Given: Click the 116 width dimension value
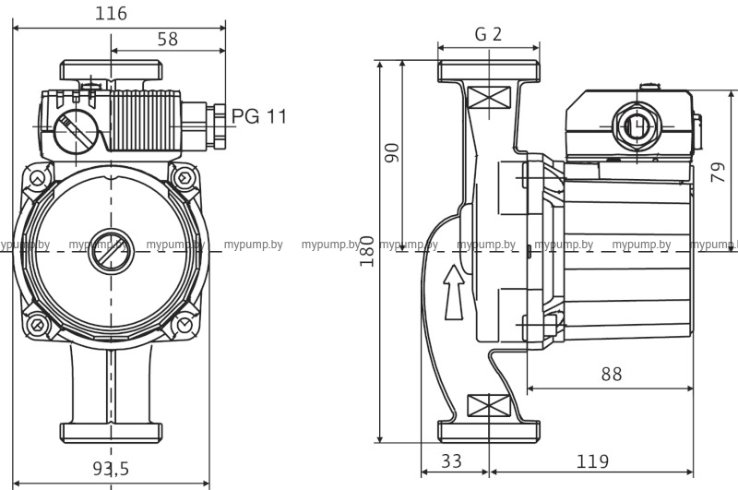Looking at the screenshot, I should (x=111, y=14).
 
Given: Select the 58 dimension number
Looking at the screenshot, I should (x=167, y=40).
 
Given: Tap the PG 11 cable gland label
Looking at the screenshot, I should (x=259, y=117).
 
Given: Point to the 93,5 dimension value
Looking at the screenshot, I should (x=110, y=469).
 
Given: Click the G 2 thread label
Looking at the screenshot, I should (x=488, y=34).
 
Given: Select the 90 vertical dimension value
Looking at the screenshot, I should (x=392, y=152).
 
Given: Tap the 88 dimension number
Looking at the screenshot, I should (x=610, y=375).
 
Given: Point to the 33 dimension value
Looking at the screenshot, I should (x=450, y=460).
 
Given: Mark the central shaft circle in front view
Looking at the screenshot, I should (x=110, y=251).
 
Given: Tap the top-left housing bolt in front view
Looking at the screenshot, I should (x=36, y=179).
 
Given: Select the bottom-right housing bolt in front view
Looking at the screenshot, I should (x=184, y=325).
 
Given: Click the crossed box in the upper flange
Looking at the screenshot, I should (x=488, y=98).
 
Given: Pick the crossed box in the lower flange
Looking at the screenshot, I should (x=488, y=405).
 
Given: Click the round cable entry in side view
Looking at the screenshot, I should (x=635, y=125).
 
